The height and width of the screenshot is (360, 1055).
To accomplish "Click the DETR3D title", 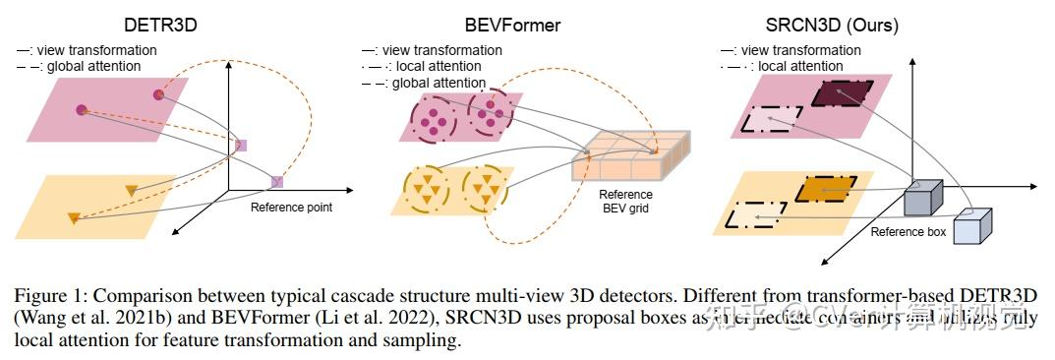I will click(x=160, y=25).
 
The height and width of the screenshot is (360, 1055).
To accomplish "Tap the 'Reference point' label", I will click(x=291, y=208).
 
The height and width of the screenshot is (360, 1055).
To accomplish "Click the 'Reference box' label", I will click(x=908, y=232).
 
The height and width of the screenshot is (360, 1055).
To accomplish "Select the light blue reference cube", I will click(x=974, y=229).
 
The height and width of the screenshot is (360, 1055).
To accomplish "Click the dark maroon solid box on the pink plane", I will click(x=842, y=93).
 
